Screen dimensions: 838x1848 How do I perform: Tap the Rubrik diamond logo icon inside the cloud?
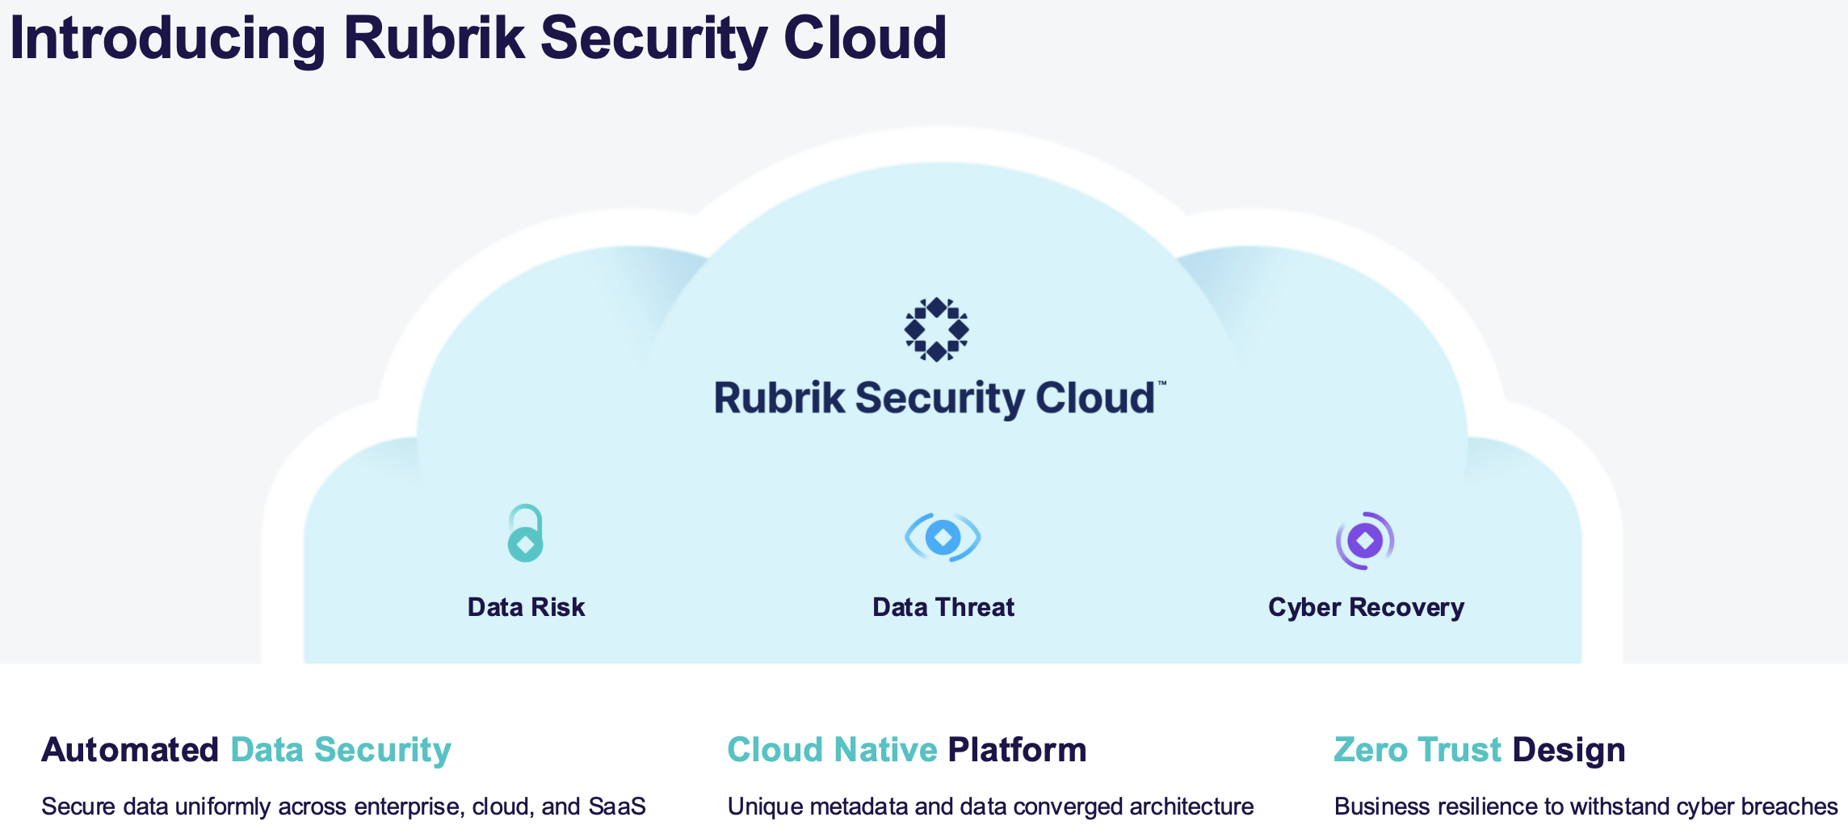pyautogui.click(x=936, y=329)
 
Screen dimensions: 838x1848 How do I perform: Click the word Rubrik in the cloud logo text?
pyautogui.click(x=779, y=398)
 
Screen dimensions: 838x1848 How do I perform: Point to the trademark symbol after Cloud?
pyautogui.click(x=1162, y=383)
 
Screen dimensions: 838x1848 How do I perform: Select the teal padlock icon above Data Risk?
pyautogui.click(x=525, y=534)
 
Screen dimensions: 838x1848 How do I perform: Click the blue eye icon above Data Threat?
pyautogui.click(x=943, y=537)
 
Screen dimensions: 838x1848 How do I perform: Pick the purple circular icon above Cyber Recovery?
pyautogui.click(x=1365, y=540)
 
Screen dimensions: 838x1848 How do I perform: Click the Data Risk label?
pyautogui.click(x=526, y=607)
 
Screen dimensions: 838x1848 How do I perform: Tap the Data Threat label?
pyautogui.click(x=943, y=607)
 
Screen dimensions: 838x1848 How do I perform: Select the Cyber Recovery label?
pyautogui.click(x=1366, y=607)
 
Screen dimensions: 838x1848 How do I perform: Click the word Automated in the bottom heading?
pyautogui.click(x=130, y=750)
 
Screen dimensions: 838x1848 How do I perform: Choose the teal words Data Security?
pyautogui.click(x=340, y=750)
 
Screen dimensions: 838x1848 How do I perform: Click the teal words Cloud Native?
pyautogui.click(x=832, y=750)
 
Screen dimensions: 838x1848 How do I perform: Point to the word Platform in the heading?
pyautogui.click(x=1017, y=750)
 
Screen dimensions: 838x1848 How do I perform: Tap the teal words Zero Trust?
pyautogui.click(x=1417, y=750)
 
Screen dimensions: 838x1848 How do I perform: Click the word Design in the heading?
pyautogui.click(x=1569, y=750)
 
